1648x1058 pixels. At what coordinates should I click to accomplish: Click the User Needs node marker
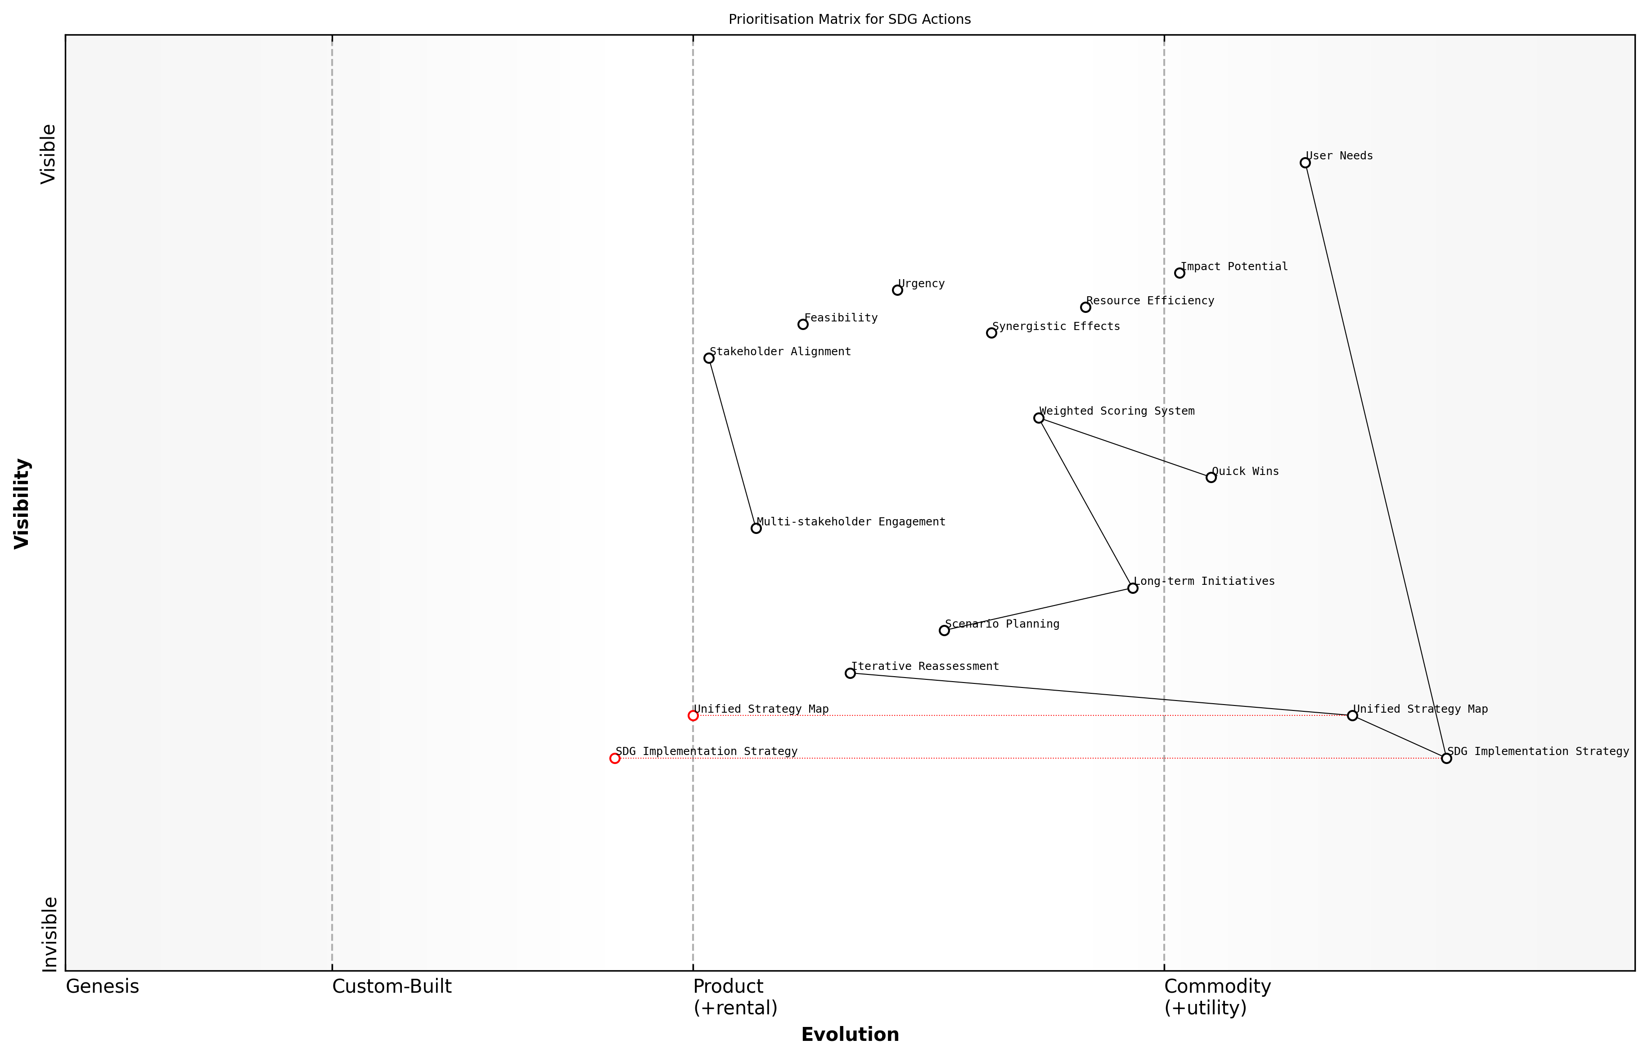pyautogui.click(x=1305, y=163)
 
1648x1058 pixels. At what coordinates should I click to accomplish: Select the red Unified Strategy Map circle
pyautogui.click(x=693, y=716)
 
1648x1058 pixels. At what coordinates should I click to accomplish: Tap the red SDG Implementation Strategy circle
pyautogui.click(x=615, y=759)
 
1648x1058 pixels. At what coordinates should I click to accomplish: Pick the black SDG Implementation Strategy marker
pyautogui.click(x=1446, y=759)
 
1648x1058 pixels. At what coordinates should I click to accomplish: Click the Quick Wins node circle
pyautogui.click(x=1211, y=478)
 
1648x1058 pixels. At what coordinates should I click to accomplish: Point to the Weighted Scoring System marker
pyautogui.click(x=1038, y=418)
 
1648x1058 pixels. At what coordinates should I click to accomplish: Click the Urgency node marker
pyautogui.click(x=897, y=290)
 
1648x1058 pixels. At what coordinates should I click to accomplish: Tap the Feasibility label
pyautogui.click(x=841, y=318)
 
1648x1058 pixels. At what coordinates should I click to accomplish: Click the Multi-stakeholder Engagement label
pyautogui.click(x=851, y=522)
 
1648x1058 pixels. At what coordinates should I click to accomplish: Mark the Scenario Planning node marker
pyautogui.click(x=944, y=631)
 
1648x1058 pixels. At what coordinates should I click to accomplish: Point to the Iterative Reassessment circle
pyautogui.click(x=850, y=673)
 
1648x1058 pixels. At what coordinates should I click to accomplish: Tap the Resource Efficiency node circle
pyautogui.click(x=1085, y=307)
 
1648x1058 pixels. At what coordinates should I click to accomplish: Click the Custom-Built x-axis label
pyautogui.click(x=392, y=987)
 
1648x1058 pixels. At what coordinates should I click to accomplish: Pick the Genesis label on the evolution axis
pyautogui.click(x=102, y=987)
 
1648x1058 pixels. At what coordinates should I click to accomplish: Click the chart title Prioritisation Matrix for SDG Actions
pyautogui.click(x=849, y=19)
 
